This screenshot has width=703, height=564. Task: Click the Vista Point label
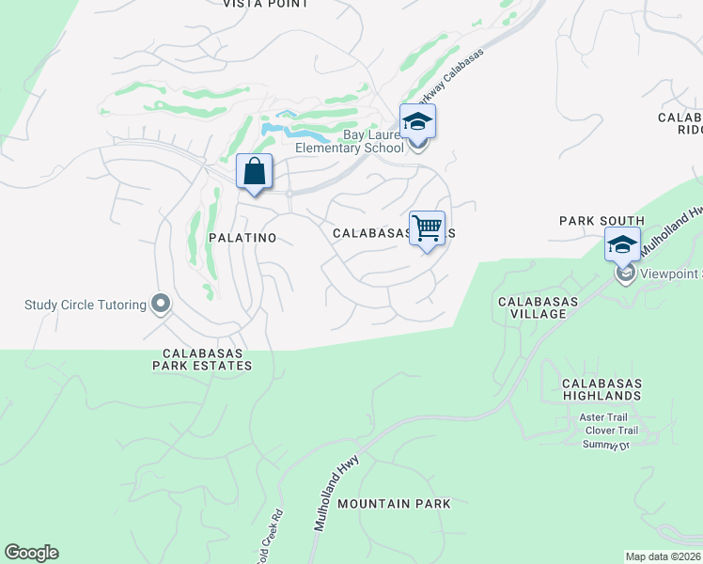[265, 5]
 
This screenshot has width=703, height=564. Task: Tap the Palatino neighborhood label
[242, 238]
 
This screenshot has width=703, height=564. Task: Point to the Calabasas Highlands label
[601, 389]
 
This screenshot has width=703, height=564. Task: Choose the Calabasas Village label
[532, 307]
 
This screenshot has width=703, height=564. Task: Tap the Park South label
[601, 221]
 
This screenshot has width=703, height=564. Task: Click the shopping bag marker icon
[254, 172]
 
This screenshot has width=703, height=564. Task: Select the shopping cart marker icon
[428, 227]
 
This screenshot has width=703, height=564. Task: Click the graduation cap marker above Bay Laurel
[417, 122]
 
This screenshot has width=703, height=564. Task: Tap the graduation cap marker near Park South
[622, 245]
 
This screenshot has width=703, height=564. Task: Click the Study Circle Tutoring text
[86, 305]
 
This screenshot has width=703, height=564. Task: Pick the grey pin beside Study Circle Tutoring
[161, 304]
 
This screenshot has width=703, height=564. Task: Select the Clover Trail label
[611, 431]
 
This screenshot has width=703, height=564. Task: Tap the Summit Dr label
[605, 444]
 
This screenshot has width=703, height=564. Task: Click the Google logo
[31, 553]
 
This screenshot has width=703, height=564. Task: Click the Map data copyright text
[664, 556]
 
